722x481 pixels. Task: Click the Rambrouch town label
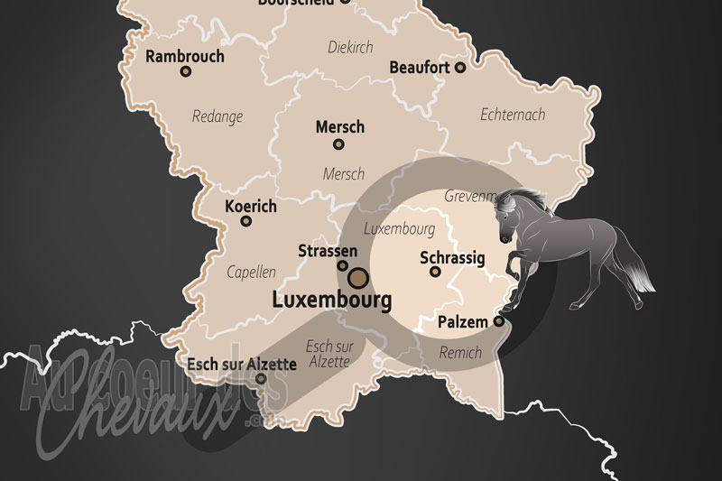(x=185, y=56)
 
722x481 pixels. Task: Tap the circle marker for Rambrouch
(x=186, y=71)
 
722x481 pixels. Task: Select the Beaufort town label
(x=420, y=67)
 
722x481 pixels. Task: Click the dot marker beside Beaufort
(x=460, y=67)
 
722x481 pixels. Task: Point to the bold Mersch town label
(x=340, y=127)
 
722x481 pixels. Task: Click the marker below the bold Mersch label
(x=338, y=144)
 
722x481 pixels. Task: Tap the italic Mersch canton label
(x=344, y=174)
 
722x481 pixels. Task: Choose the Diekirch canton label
(x=350, y=48)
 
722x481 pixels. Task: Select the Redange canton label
(x=218, y=116)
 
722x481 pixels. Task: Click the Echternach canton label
(x=514, y=116)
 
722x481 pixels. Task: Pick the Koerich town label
(x=251, y=207)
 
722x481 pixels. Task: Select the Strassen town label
(x=328, y=251)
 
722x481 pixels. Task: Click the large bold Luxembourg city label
(x=332, y=299)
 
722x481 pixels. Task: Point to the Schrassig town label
(x=453, y=258)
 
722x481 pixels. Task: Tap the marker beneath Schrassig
(x=435, y=272)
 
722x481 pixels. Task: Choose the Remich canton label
(x=461, y=354)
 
